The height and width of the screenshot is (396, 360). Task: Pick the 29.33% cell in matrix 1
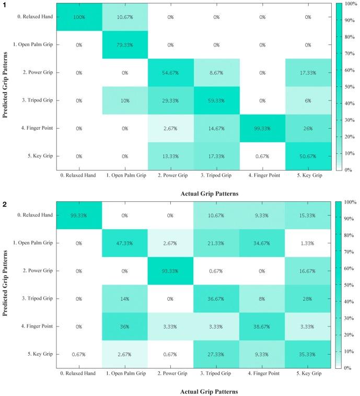(170, 100)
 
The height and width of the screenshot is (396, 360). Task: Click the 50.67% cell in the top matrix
(308, 156)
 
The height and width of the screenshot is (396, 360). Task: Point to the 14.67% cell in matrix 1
(216, 128)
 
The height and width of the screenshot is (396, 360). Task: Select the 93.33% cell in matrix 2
(170, 270)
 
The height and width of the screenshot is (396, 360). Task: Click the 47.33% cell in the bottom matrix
(124, 242)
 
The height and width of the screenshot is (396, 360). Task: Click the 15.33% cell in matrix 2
(308, 214)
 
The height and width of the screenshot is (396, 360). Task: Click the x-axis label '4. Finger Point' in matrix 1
(262, 175)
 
